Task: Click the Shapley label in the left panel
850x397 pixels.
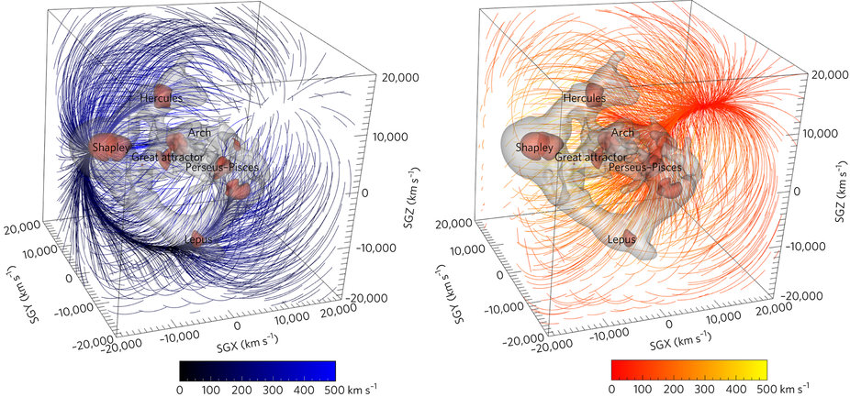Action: [111, 147]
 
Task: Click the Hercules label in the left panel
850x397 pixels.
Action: [162, 97]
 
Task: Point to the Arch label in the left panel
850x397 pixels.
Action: [199, 133]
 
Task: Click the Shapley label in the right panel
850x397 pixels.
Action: [534, 147]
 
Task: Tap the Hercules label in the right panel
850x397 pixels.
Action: [585, 97]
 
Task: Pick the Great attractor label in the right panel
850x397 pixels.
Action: [588, 158]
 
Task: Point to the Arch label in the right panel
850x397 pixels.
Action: [622, 133]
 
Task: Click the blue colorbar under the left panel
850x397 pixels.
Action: [257, 370]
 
